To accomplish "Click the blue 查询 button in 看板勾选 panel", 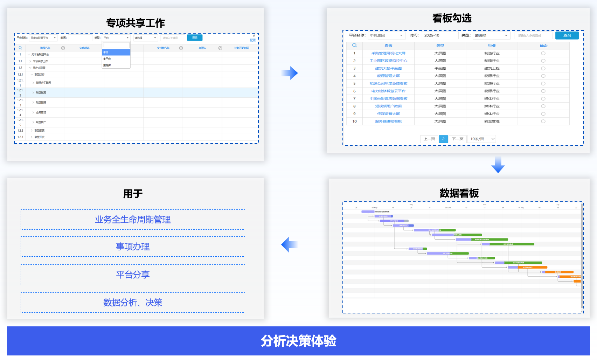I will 567,35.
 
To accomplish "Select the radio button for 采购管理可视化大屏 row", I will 543,53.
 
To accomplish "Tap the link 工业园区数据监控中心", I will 388,61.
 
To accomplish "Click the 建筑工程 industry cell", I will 492,68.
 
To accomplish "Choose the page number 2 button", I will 443,139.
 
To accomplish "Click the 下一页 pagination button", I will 458,139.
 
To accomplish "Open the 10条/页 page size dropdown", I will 482,139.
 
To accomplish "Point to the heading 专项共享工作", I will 136,23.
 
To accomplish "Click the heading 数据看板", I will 459,193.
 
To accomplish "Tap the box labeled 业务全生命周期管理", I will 133,220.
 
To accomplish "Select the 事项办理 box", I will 133,247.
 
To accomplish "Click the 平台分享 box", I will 133,275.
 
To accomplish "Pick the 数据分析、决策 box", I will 133,303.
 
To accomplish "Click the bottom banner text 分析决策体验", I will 298,341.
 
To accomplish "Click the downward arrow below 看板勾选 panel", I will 498,165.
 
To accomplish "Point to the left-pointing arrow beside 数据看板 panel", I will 289,244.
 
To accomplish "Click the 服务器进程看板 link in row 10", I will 388,122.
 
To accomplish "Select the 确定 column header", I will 543,46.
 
